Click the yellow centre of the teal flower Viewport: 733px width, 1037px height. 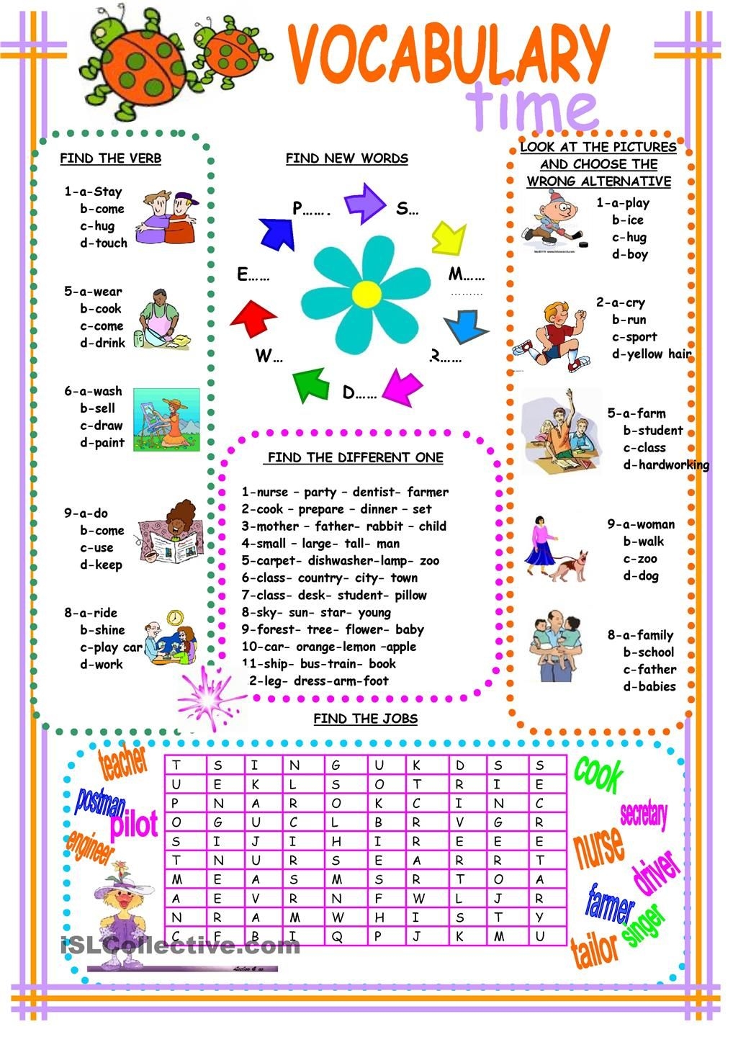363,292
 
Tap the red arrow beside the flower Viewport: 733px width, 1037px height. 253,316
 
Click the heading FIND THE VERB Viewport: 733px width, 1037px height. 110,158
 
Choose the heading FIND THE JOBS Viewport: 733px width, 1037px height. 365,719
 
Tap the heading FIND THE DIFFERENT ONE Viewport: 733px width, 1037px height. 355,458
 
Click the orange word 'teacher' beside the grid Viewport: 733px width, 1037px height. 123,763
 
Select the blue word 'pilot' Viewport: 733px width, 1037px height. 134,823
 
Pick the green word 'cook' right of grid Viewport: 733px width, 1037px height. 598,773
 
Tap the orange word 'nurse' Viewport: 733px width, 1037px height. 599,845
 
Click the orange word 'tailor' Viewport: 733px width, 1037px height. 594,949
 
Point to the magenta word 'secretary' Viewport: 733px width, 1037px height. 644,814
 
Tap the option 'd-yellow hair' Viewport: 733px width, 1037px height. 652,354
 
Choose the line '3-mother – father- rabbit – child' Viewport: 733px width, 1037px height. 343,526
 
